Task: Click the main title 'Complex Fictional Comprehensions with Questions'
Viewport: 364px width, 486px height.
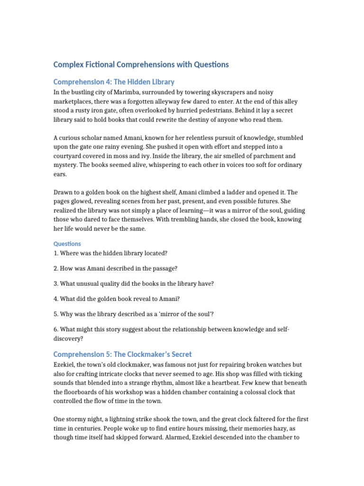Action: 141,64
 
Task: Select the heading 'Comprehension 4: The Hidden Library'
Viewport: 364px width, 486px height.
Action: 114,82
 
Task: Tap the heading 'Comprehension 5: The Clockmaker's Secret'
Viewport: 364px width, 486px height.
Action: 122,354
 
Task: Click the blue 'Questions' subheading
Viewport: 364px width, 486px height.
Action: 67,243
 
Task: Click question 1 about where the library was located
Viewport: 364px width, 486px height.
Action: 110,253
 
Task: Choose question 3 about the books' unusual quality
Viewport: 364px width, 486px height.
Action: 134,283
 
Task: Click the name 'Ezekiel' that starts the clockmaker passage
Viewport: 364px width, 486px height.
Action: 65,364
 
